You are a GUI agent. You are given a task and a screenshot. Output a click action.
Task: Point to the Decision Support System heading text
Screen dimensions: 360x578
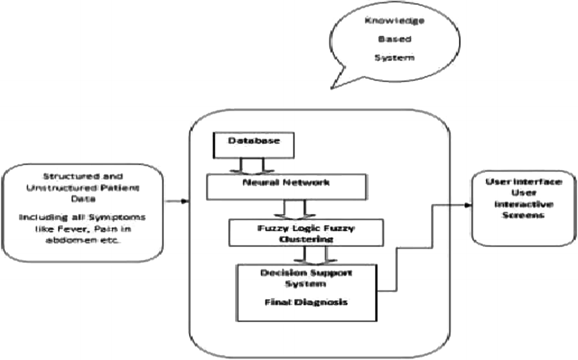(306, 278)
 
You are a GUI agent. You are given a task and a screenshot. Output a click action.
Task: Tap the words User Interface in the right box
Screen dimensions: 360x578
(524, 182)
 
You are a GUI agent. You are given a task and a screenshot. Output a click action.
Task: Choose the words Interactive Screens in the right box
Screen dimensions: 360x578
(524, 210)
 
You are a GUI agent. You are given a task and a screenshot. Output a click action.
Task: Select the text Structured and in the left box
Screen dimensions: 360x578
(82, 176)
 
